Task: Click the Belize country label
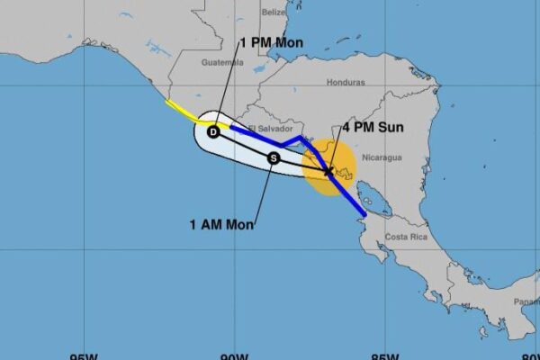(x=273, y=13)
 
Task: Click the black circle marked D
(x=213, y=131)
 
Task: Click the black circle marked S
(x=274, y=157)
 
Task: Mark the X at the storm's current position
(x=328, y=169)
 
